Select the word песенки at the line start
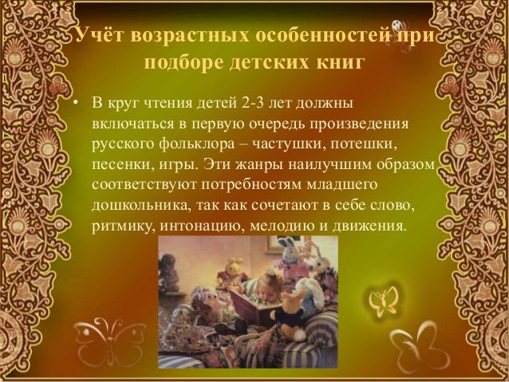click(120, 165)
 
